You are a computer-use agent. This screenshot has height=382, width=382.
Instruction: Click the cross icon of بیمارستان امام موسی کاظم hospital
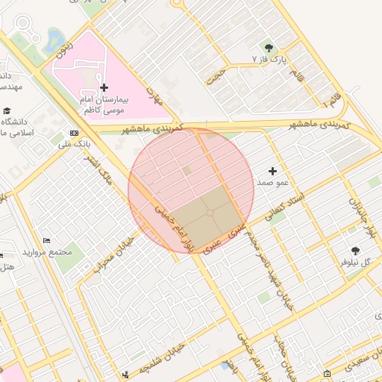point(104,88)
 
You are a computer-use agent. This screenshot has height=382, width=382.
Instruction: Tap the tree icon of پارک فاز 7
point(269,48)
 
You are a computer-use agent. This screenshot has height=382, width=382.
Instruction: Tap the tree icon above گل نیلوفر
point(354,251)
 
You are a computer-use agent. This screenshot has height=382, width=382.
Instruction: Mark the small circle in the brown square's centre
point(210,213)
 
